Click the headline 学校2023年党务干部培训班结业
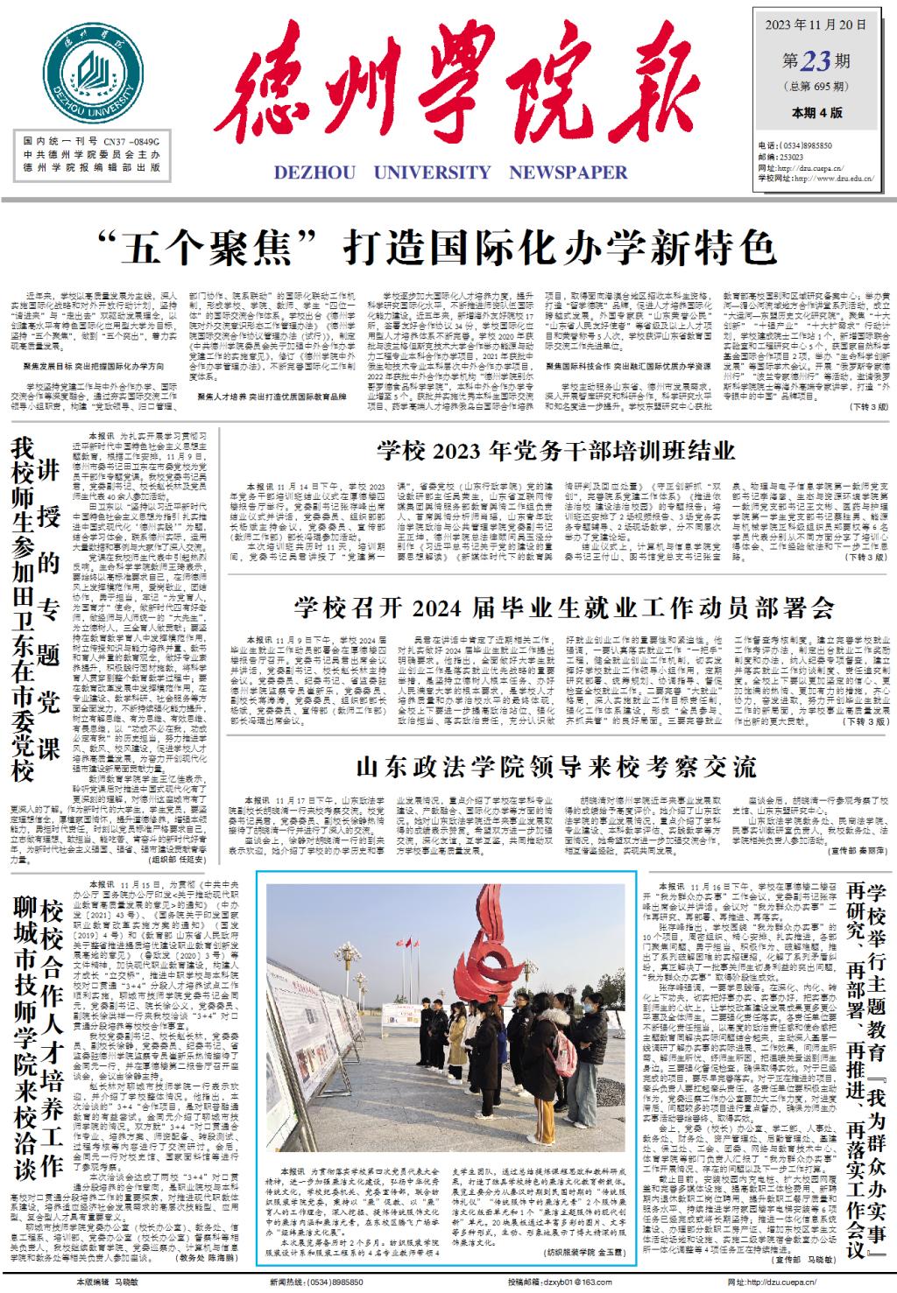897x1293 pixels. click(556, 452)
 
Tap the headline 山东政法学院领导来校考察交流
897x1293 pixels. click(555, 768)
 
